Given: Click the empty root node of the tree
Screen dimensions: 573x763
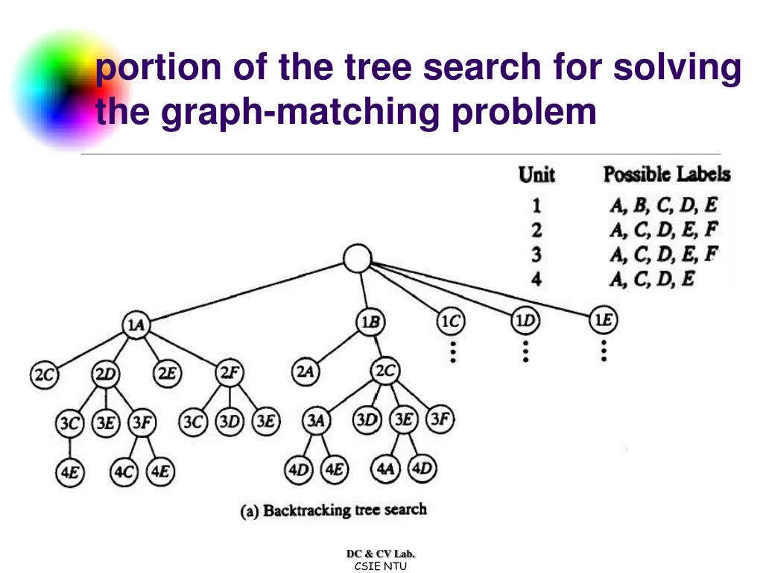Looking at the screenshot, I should [358, 259].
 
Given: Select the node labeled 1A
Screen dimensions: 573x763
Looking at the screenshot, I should [135, 325].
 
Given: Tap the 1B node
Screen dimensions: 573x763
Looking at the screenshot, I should [370, 323].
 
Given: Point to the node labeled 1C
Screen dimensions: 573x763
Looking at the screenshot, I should [450, 322].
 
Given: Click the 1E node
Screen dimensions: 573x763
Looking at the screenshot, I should [603, 321].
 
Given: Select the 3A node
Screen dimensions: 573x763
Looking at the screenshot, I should [316, 421].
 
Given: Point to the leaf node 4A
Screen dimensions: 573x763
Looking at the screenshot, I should [384, 469].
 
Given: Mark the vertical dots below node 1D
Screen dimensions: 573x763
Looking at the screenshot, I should [525, 350].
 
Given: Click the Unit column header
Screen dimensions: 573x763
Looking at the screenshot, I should [536, 175].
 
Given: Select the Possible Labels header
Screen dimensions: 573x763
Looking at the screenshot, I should [666, 175].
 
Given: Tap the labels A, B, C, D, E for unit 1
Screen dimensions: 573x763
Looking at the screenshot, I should [663, 204].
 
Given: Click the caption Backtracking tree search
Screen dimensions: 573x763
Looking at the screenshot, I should [333, 511].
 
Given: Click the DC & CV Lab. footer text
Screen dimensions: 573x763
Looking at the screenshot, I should [381, 553].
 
